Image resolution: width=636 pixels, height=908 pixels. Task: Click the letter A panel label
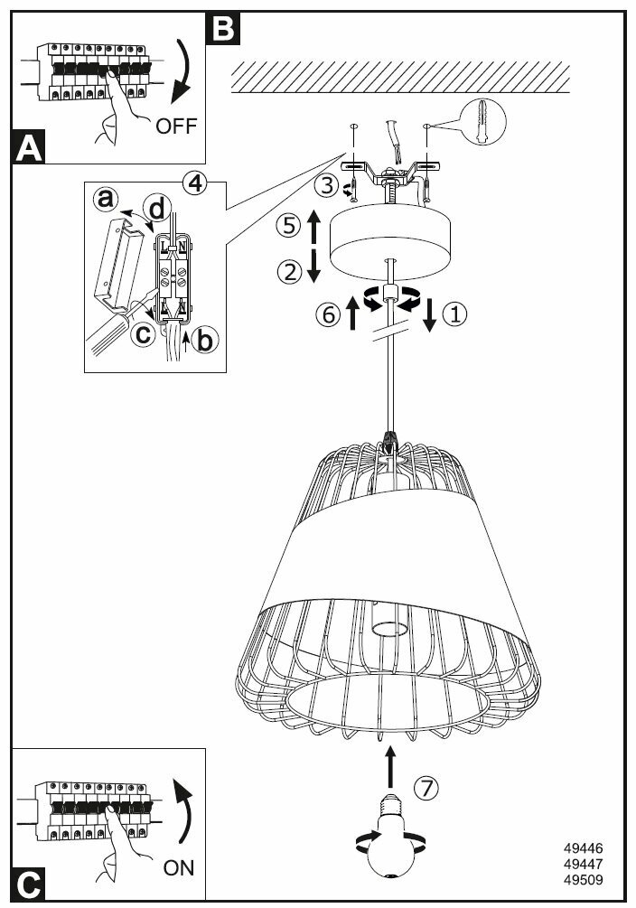click(x=29, y=147)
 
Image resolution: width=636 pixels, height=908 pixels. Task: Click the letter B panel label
click(x=221, y=28)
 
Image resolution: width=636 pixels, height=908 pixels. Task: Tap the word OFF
click(x=175, y=126)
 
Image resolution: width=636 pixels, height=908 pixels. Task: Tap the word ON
click(x=179, y=868)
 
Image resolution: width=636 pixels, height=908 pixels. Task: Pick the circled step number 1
click(x=456, y=314)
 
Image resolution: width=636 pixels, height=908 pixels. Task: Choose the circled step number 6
click(x=329, y=314)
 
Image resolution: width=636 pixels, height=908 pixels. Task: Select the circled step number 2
click(x=288, y=271)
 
